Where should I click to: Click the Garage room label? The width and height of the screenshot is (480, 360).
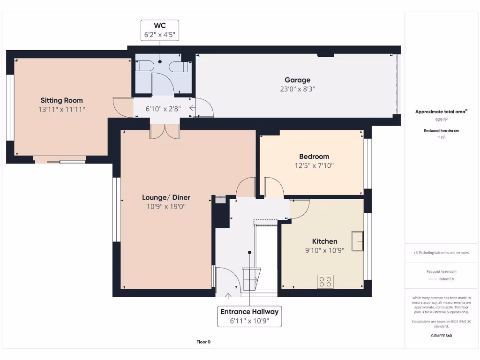(297, 80)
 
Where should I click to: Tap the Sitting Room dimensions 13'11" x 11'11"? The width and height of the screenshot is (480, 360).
(61, 109)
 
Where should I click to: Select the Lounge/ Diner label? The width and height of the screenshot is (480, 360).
(166, 197)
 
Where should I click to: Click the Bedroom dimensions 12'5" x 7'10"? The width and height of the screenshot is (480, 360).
(314, 165)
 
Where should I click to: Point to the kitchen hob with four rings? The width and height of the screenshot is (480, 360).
(325, 281)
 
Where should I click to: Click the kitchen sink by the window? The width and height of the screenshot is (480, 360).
(358, 241)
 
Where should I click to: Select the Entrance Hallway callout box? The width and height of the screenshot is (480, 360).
(249, 316)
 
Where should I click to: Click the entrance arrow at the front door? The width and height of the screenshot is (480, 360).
(228, 295)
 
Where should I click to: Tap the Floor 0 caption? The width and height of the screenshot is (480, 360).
(203, 342)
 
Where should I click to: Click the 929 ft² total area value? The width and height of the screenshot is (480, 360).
(441, 120)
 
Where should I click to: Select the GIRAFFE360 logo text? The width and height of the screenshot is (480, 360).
(441, 336)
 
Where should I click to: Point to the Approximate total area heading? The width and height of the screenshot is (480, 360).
(441, 112)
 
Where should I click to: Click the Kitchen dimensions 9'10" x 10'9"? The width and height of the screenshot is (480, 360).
(324, 250)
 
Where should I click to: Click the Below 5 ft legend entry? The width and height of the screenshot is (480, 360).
(446, 279)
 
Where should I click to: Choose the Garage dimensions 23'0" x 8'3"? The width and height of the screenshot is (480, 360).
(297, 89)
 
